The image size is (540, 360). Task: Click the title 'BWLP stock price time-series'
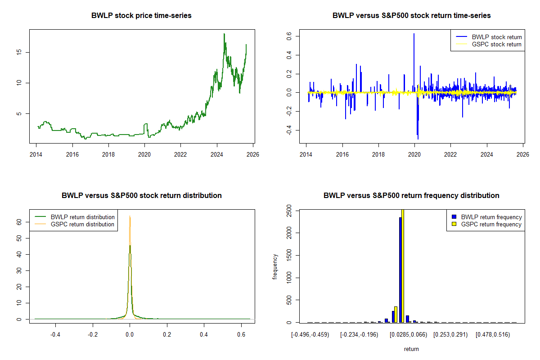click(x=141, y=15)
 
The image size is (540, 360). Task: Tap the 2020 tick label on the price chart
click(x=144, y=154)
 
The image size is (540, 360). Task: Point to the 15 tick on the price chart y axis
click(x=19, y=52)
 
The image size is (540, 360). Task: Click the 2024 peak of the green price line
click(x=224, y=34)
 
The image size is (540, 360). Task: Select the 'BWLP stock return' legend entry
click(x=489, y=37)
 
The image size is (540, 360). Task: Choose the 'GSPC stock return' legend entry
click(x=489, y=45)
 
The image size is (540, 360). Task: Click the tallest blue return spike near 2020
click(x=414, y=63)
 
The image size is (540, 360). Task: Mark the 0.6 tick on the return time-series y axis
click(x=289, y=36)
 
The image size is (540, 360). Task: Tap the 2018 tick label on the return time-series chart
click(x=378, y=154)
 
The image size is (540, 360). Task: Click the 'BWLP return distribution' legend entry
click(x=75, y=217)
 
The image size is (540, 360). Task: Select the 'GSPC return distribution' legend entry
click(x=75, y=224)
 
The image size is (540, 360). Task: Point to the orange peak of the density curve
click(x=130, y=216)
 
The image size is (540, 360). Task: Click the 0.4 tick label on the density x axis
click(x=204, y=335)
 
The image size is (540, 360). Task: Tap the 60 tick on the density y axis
click(x=19, y=222)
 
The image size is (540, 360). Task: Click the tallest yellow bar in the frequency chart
click(x=403, y=266)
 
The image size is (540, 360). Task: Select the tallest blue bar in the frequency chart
click(x=400, y=270)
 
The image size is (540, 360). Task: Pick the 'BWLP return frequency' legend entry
click(x=486, y=217)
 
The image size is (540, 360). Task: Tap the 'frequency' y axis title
click(x=274, y=267)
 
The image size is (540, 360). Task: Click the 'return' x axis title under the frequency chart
click(x=411, y=349)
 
